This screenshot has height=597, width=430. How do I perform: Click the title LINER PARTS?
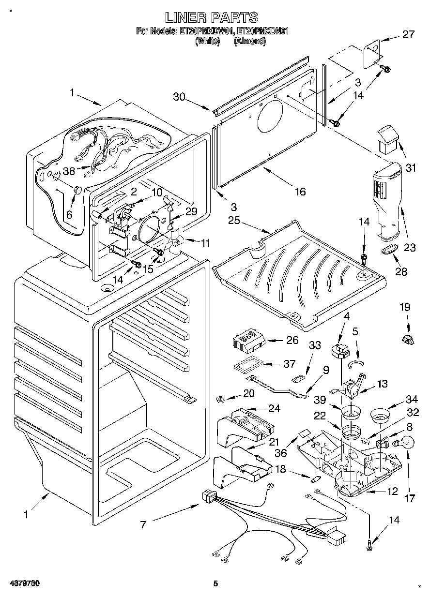[212, 17]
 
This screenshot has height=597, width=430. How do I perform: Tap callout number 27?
[408, 34]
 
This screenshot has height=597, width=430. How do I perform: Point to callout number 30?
[179, 96]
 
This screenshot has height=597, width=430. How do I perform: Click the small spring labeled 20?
[221, 399]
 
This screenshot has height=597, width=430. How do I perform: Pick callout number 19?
[404, 307]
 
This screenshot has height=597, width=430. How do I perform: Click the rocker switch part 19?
[408, 339]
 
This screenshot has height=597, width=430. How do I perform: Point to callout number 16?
[300, 192]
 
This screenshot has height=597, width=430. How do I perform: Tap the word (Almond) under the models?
[250, 41]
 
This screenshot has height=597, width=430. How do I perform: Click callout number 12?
[392, 492]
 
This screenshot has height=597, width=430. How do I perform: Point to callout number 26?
[292, 340]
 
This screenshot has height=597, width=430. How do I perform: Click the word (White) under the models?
[207, 41]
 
